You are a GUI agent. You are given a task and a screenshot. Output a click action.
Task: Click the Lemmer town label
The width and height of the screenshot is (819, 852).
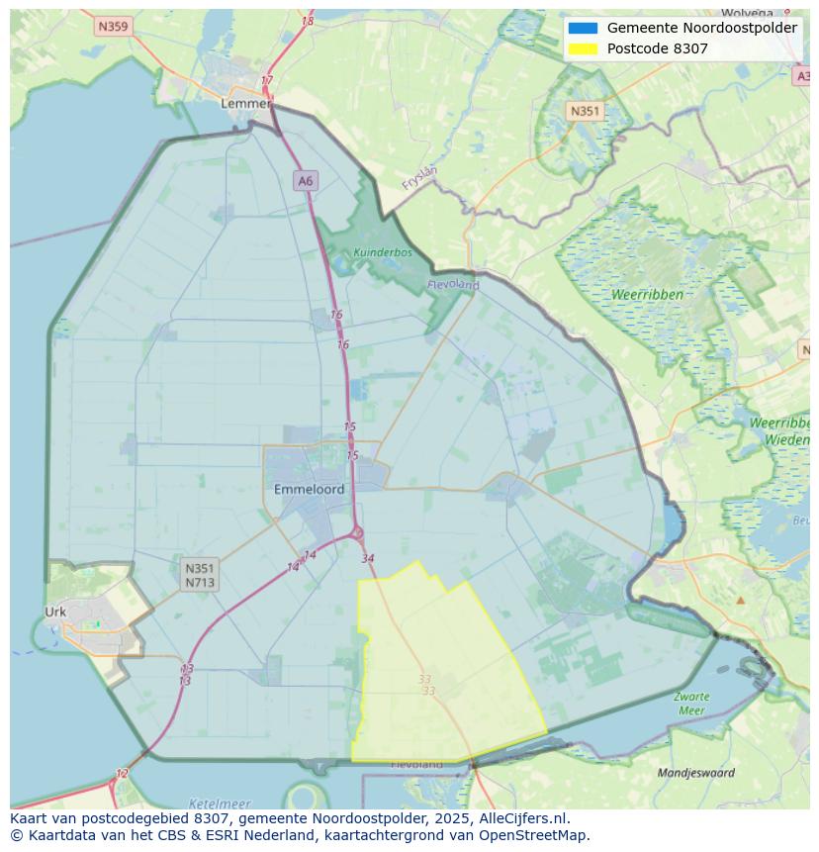click(x=245, y=103)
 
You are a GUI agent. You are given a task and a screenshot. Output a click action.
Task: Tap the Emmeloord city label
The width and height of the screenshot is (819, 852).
click(x=309, y=489)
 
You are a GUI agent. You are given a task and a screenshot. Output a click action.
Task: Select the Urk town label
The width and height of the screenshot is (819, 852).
click(x=55, y=612)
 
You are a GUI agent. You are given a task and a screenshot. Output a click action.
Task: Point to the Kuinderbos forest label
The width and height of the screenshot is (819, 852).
click(x=383, y=252)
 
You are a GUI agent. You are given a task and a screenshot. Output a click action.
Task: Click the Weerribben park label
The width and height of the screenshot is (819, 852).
click(x=647, y=295)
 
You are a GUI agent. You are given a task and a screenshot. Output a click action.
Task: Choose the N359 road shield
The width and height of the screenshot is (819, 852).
click(x=113, y=27)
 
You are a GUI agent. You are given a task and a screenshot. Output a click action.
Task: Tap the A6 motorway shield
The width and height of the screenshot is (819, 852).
click(x=305, y=180)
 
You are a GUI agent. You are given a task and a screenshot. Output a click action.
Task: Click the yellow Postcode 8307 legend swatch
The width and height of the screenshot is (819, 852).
click(x=583, y=48)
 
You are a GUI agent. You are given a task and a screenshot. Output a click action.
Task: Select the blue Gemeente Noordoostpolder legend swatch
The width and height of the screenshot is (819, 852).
click(x=583, y=28)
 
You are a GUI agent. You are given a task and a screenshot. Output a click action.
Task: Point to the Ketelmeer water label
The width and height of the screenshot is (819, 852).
click(x=219, y=804)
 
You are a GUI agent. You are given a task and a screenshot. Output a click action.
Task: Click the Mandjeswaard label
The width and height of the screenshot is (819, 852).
click(x=696, y=772)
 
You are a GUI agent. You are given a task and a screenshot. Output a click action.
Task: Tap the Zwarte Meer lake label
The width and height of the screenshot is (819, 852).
click(x=691, y=704)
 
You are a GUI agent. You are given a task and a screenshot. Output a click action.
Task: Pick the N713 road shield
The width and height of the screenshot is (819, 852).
click(x=199, y=582)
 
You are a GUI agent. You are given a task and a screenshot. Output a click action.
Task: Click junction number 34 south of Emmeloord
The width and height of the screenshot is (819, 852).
click(x=368, y=558)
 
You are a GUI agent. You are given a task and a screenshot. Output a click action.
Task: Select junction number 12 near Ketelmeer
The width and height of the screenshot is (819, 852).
click(x=122, y=774)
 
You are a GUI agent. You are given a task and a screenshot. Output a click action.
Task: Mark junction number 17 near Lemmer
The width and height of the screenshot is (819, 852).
click(x=267, y=81)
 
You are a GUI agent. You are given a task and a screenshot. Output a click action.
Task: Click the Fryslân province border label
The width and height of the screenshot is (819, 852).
click(x=420, y=177)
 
